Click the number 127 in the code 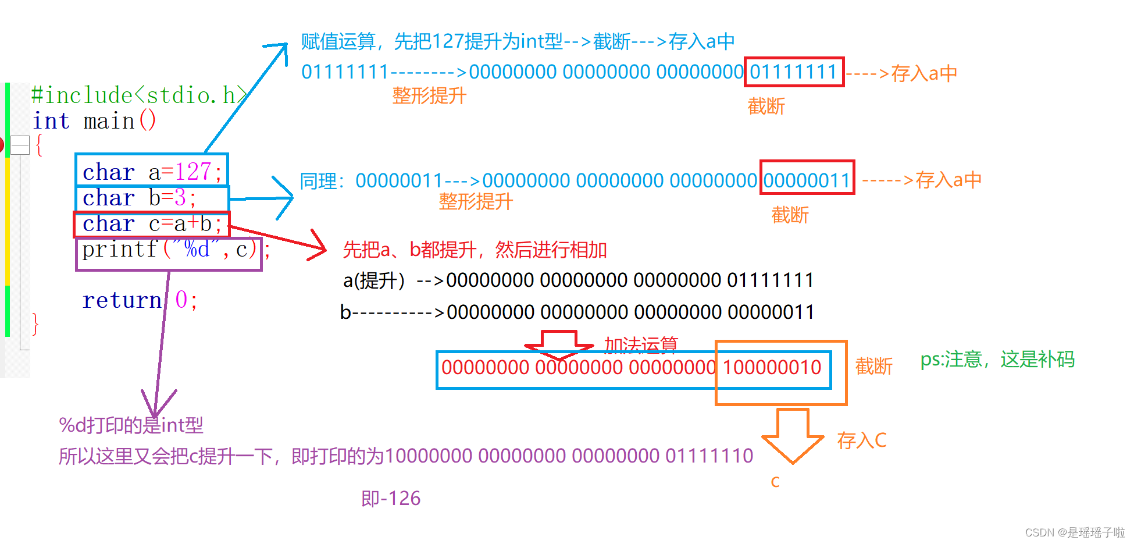tap(192, 172)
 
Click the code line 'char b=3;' tap(140, 198)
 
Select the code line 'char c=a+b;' tap(152, 224)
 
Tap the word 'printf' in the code tap(119, 250)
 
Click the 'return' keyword tap(122, 300)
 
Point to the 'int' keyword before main tap(51, 121)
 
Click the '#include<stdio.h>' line tap(140, 95)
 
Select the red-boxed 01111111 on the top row tap(793, 72)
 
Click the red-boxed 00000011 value tap(807, 180)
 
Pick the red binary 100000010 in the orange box tap(772, 368)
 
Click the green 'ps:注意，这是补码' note tap(997, 360)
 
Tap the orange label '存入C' tap(861, 440)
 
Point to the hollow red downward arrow tap(558, 345)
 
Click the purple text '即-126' tap(390, 499)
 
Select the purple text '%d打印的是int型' tap(131, 425)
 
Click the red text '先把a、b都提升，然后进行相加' tap(475, 250)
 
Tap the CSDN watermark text tap(1074, 532)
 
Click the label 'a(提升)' tap(373, 281)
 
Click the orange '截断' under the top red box tap(766, 106)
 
